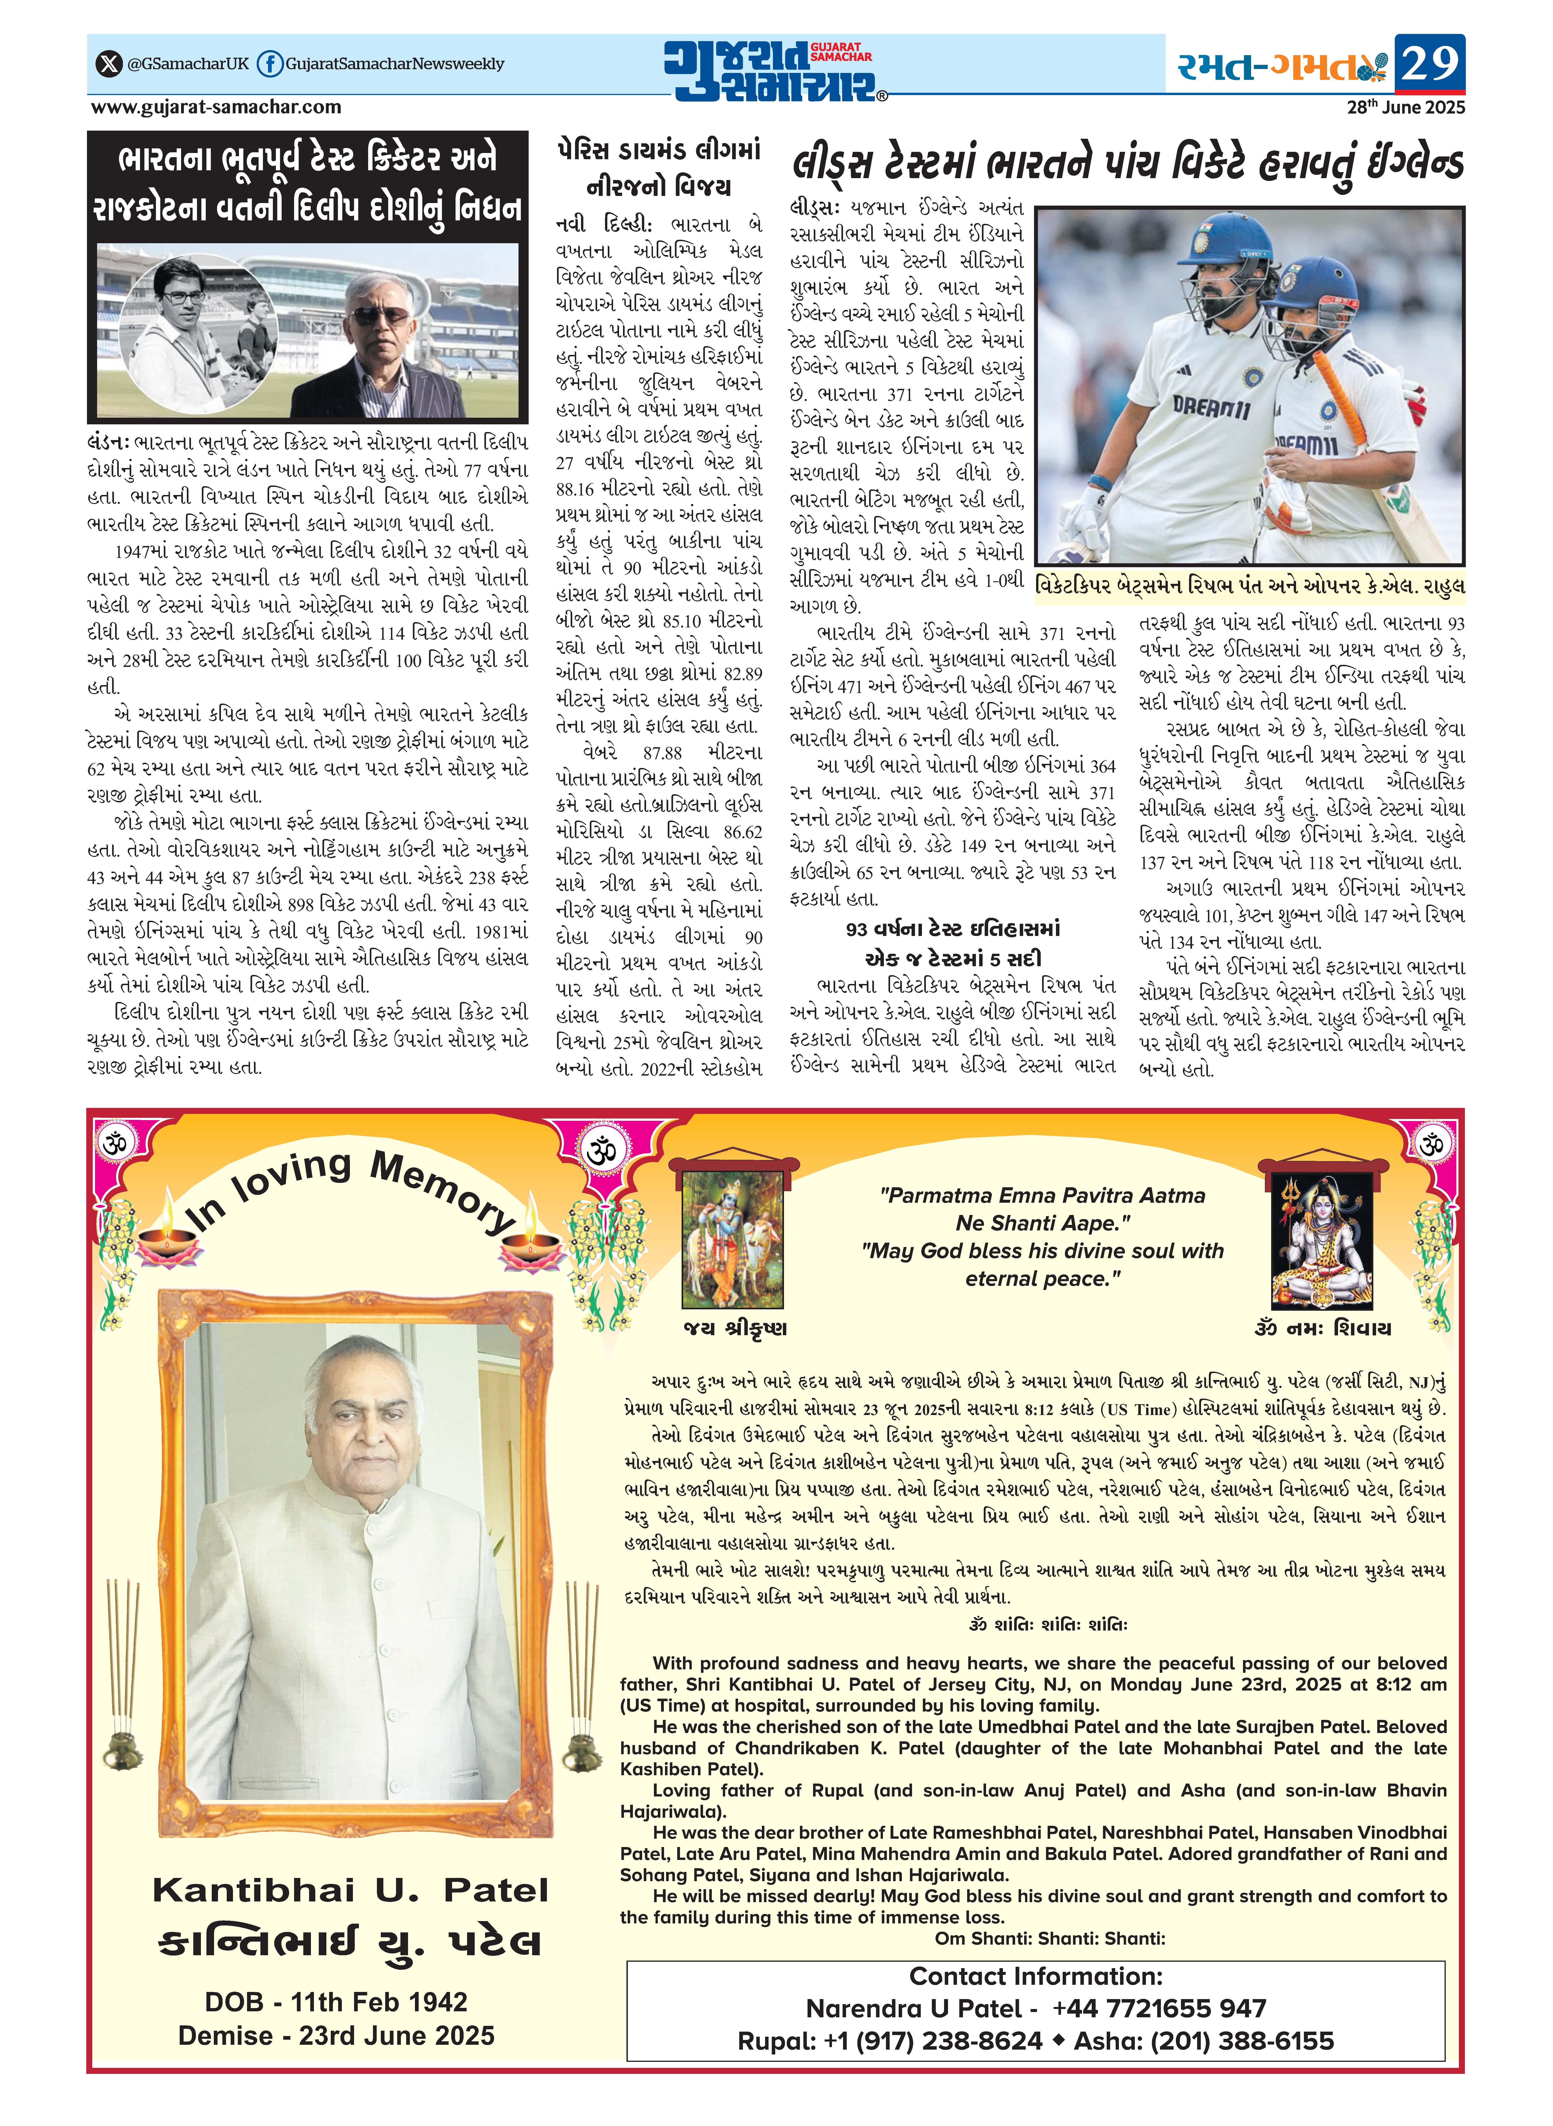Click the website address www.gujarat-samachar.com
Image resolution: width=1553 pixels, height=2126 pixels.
pyautogui.click(x=216, y=107)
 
